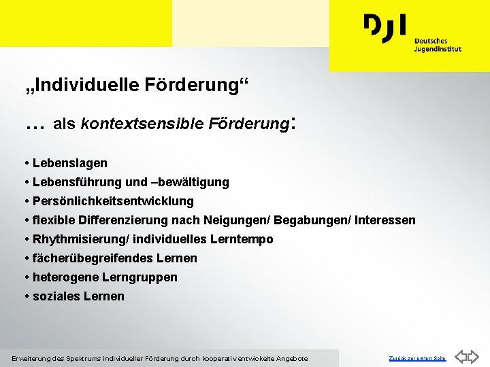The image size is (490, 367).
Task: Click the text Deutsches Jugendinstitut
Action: click(438, 45)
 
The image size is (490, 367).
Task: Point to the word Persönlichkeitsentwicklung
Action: click(112, 201)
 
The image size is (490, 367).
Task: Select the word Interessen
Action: click(382, 220)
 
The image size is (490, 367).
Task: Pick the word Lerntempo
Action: click(242, 239)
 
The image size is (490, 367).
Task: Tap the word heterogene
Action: click(65, 277)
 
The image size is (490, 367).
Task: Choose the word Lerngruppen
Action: click(140, 277)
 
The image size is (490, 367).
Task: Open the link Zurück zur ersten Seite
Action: click(417, 358)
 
